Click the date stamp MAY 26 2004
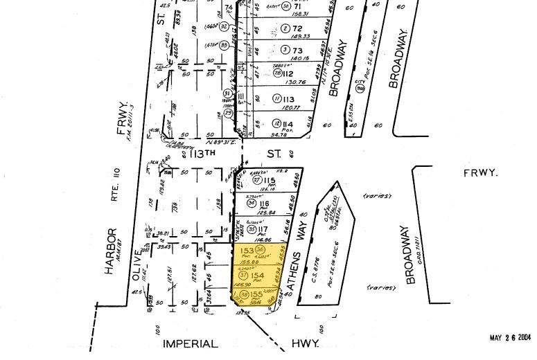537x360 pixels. (x=509, y=338)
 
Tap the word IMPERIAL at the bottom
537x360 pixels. (x=190, y=343)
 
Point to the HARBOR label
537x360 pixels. (x=110, y=252)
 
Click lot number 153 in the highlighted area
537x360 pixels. (x=245, y=251)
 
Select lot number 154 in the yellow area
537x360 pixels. (x=257, y=276)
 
